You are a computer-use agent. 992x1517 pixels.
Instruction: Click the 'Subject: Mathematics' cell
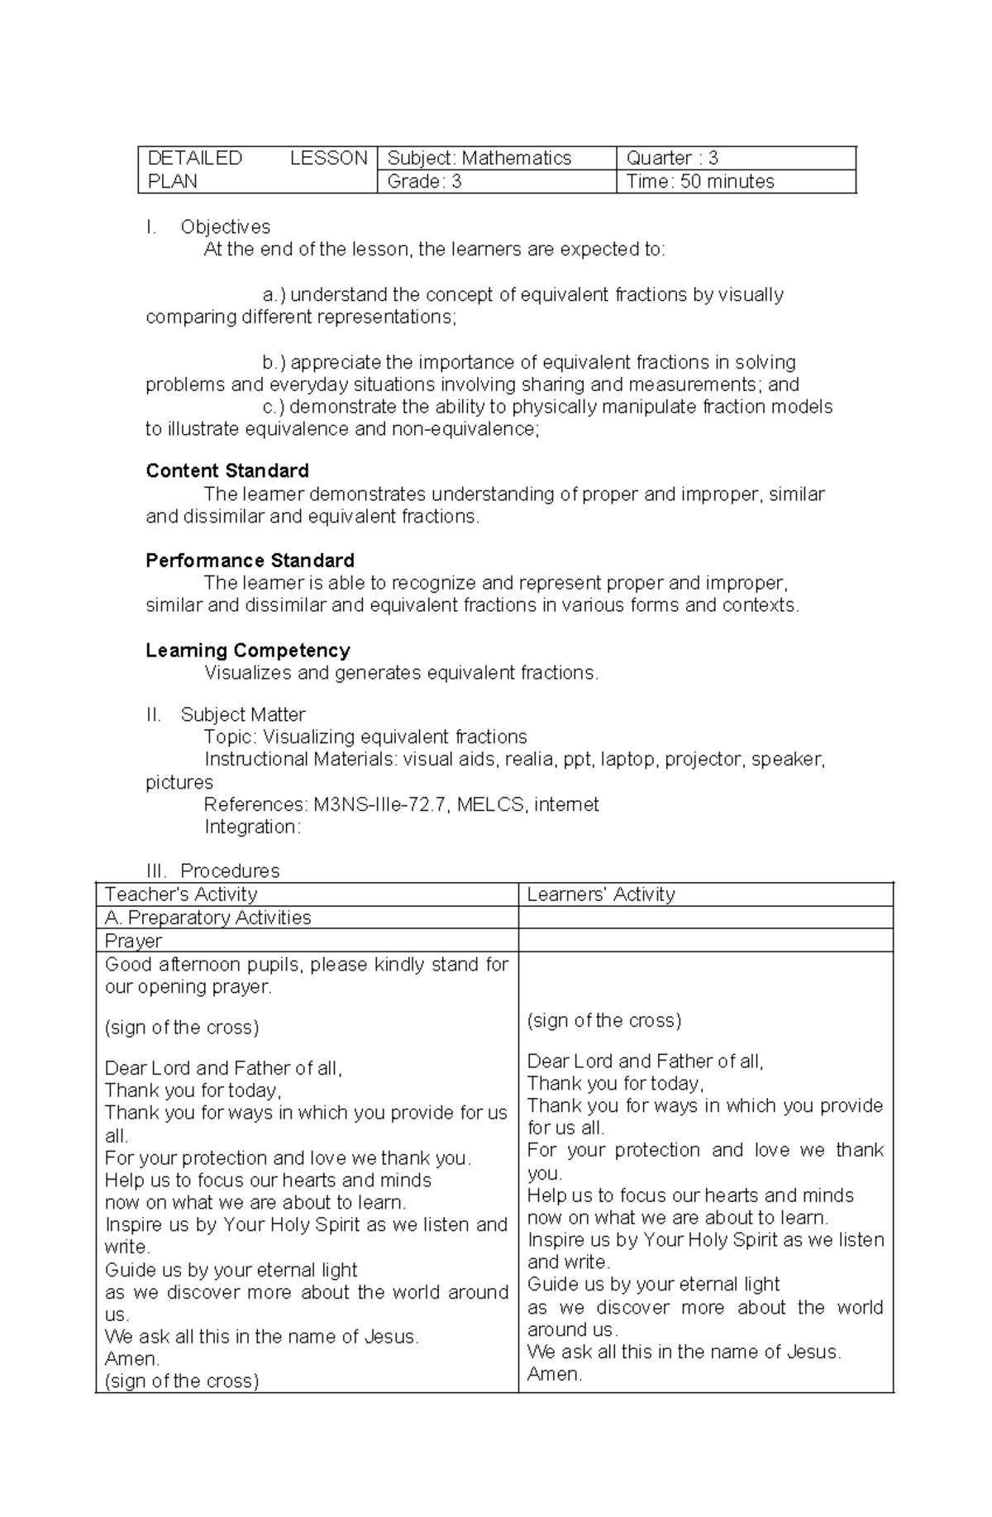click(479, 158)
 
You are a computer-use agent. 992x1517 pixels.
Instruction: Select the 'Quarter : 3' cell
click(672, 158)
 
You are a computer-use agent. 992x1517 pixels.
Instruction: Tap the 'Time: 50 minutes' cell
click(699, 182)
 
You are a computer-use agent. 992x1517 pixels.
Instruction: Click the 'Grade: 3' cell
click(424, 182)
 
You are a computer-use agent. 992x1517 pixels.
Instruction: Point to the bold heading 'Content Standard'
click(227, 471)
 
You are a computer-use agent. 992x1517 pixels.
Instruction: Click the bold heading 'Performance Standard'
click(250, 561)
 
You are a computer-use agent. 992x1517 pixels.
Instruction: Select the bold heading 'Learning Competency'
click(248, 651)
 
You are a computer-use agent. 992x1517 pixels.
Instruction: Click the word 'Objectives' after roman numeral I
click(225, 227)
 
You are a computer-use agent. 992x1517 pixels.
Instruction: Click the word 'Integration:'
click(252, 827)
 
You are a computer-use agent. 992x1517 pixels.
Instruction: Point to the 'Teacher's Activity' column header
click(181, 894)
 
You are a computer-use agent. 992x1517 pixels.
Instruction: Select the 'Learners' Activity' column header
click(601, 894)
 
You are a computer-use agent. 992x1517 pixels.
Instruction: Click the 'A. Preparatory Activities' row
click(208, 918)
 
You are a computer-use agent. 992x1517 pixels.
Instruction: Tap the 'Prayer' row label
click(133, 941)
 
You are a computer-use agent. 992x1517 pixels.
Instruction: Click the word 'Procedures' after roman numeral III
click(230, 871)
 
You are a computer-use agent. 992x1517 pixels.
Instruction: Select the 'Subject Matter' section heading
click(243, 714)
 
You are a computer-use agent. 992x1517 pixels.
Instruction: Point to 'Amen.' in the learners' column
click(555, 1374)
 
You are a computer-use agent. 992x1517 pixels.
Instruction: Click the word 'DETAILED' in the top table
click(194, 158)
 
